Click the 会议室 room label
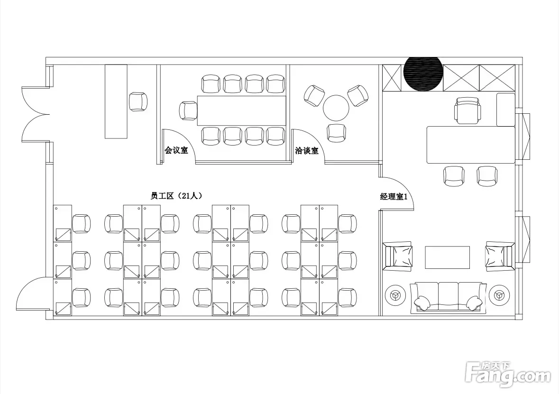[176, 150]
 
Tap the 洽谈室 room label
[307, 150]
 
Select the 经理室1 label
[394, 196]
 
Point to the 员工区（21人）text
[176, 196]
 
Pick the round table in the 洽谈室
[336, 108]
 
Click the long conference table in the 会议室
[242, 110]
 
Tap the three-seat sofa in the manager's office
[448, 297]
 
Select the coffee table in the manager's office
[448, 257]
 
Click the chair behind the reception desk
[138, 101]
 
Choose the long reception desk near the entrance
[116, 101]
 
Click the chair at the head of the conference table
[188, 110]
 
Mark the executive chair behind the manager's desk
[467, 110]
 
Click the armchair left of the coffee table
[397, 255]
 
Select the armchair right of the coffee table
[500, 255]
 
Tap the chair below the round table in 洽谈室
[336, 133]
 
